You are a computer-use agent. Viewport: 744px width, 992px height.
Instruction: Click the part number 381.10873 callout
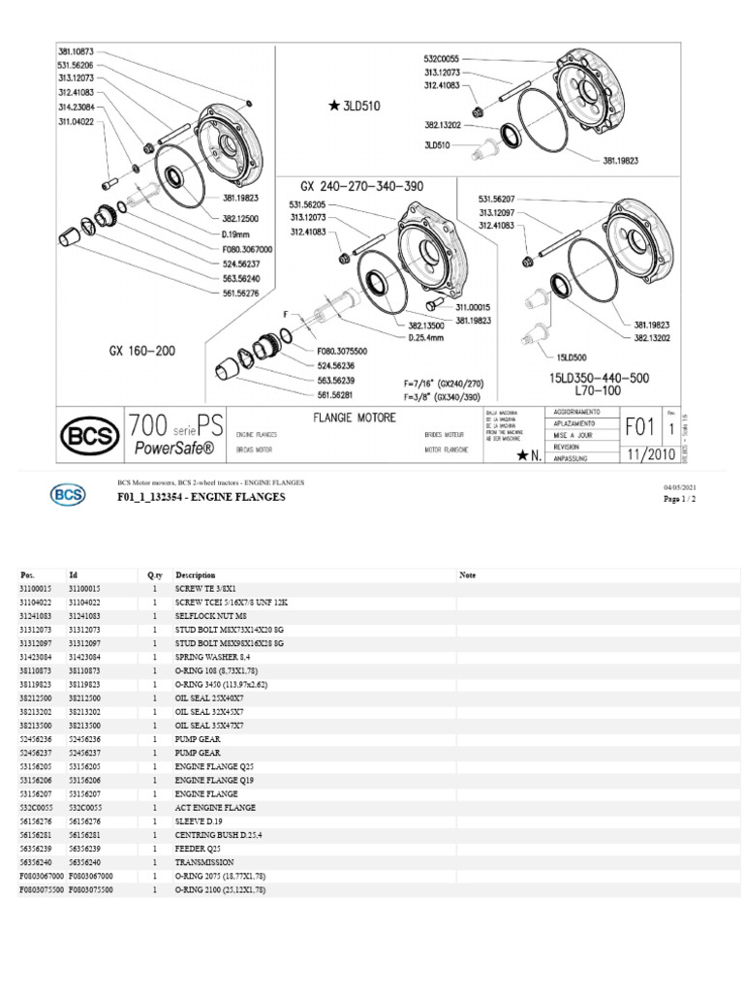click(77, 49)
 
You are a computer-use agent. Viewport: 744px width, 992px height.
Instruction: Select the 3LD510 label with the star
click(355, 107)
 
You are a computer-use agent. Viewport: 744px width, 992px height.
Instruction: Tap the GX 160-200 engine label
click(142, 351)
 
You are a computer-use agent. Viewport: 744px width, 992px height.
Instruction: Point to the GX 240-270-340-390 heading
click(362, 185)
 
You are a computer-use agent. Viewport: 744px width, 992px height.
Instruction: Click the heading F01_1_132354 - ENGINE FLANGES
click(201, 497)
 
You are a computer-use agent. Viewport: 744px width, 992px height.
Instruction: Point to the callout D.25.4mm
click(428, 337)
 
